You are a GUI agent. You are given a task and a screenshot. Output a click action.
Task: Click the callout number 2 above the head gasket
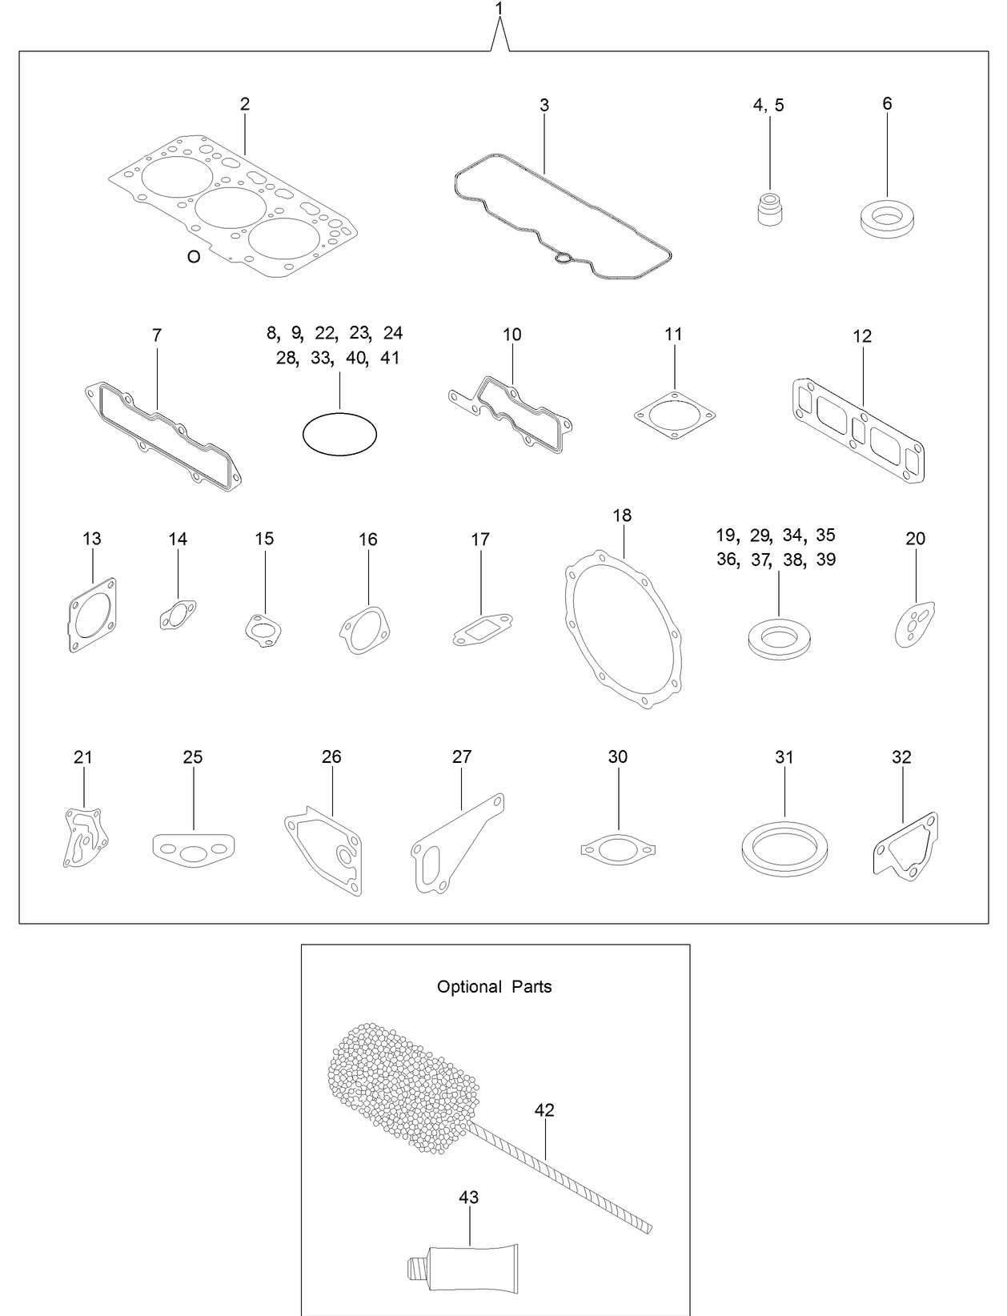245,104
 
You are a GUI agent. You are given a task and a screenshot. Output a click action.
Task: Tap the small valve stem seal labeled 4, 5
770,210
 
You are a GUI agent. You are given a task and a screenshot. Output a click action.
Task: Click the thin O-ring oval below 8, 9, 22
339,434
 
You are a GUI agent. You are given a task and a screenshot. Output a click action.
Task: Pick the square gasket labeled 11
674,415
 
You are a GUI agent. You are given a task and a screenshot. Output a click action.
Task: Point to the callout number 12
862,336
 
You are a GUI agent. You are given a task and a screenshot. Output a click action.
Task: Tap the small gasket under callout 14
177,616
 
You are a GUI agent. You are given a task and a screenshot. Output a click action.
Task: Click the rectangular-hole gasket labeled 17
481,628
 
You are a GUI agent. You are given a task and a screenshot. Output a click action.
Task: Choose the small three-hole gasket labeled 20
914,624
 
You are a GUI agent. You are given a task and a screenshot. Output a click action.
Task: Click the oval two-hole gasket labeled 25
192,849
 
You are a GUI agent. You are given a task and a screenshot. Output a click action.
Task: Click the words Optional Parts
494,986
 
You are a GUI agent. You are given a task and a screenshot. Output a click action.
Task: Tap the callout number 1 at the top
499,9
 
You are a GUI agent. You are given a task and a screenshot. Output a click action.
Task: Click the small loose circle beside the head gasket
193,257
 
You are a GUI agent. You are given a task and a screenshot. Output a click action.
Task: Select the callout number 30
617,756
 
